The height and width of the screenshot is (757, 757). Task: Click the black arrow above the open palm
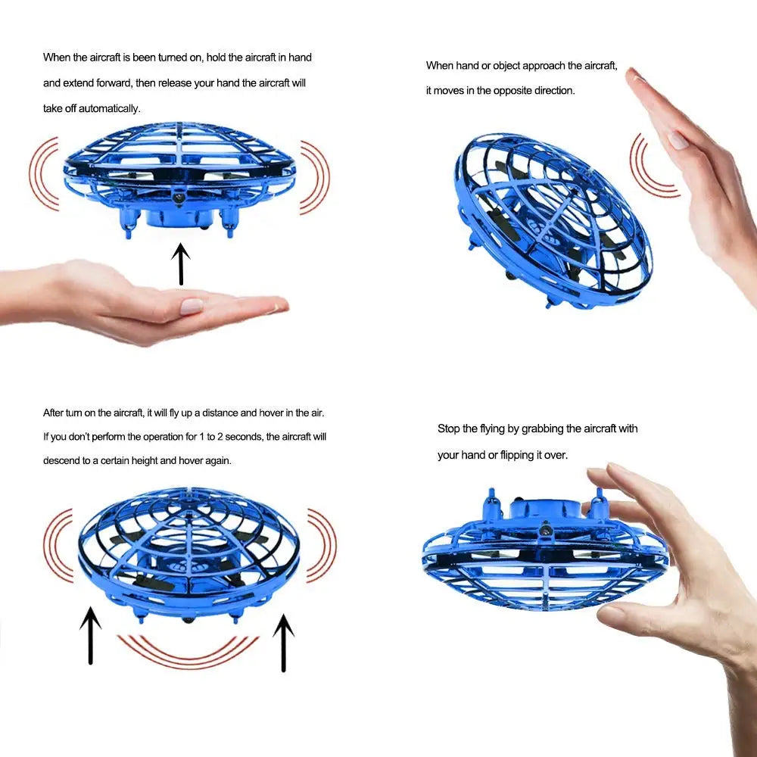180,263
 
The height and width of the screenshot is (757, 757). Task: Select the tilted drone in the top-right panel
553,220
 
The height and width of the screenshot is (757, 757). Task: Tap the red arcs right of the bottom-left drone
321,546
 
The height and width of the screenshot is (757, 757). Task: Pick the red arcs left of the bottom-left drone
58,546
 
